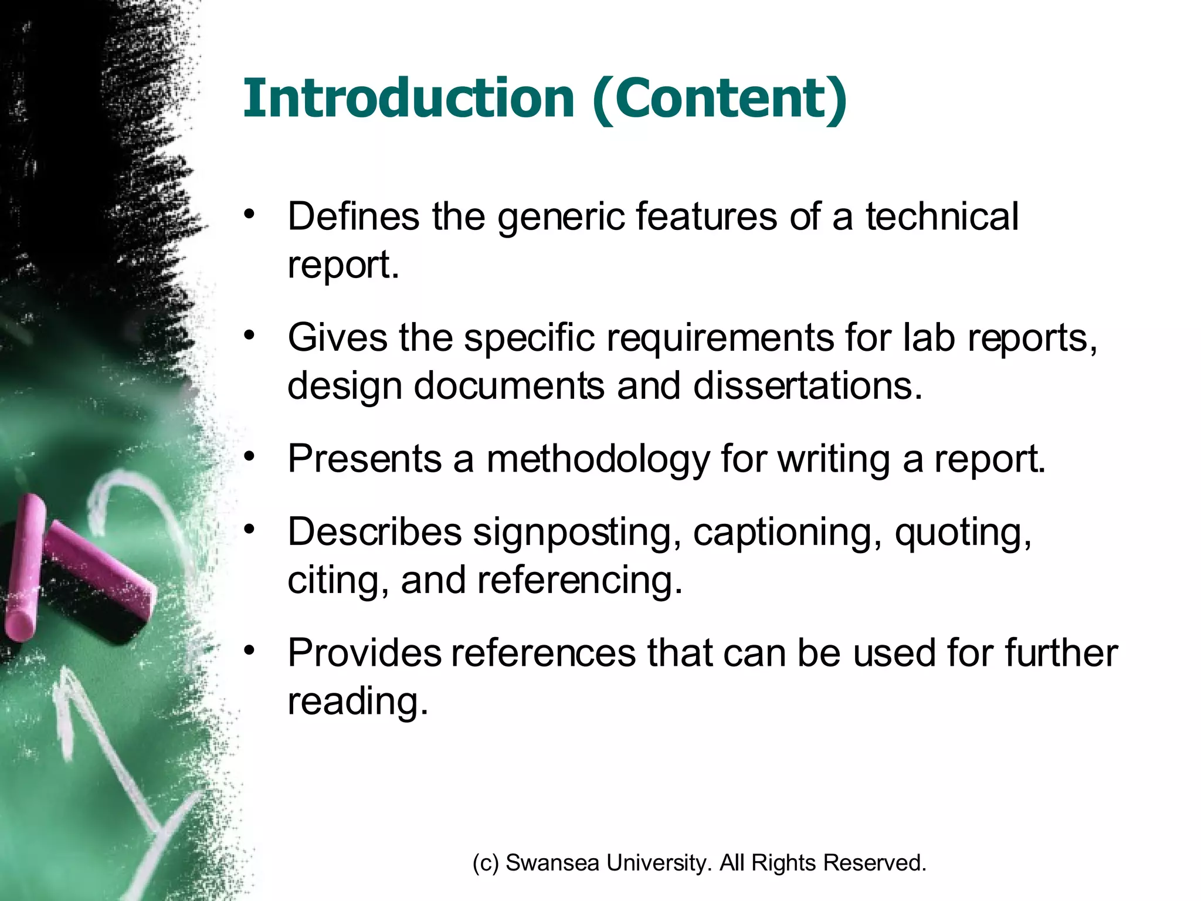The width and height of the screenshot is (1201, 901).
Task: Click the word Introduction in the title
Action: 408,98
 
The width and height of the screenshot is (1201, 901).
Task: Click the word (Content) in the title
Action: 720,99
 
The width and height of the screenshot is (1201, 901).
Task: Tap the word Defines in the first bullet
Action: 354,216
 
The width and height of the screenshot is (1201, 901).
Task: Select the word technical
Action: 942,216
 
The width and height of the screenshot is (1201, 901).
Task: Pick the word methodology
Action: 598,459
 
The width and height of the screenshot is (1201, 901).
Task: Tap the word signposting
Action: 577,532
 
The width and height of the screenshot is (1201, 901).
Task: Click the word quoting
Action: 962,532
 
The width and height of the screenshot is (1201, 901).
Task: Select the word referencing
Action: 579,580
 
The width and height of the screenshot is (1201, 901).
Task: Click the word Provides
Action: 364,652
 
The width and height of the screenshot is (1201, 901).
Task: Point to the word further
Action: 1061,652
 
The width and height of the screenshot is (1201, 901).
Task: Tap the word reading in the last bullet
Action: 357,701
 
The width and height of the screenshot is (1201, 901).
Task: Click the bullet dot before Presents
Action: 250,456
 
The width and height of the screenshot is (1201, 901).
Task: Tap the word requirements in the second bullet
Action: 720,338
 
